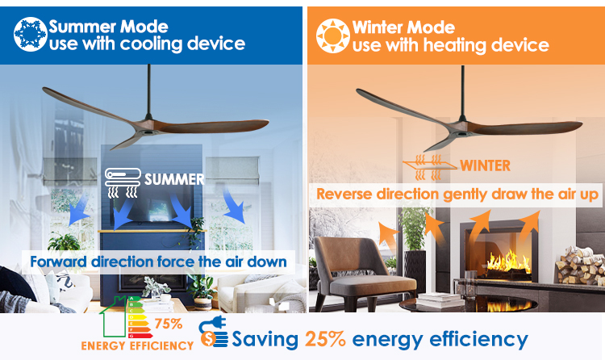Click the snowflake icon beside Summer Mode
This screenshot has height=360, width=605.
point(30,34)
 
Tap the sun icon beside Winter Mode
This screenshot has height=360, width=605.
point(333,36)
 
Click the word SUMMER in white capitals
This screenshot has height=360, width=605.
point(174,179)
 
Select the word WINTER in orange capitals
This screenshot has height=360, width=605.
point(485,165)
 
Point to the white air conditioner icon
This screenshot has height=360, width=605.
point(123,182)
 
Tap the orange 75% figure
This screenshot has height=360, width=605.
point(169,324)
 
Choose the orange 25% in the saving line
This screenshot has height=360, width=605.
point(325,339)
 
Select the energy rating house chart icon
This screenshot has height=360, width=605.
point(125,317)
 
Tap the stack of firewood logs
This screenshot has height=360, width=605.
point(580,266)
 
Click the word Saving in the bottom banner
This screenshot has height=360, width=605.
point(265,339)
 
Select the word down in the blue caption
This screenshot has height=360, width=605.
point(267,262)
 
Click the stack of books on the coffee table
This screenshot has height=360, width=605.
point(440,299)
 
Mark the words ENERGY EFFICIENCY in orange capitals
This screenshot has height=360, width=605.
point(137,345)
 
